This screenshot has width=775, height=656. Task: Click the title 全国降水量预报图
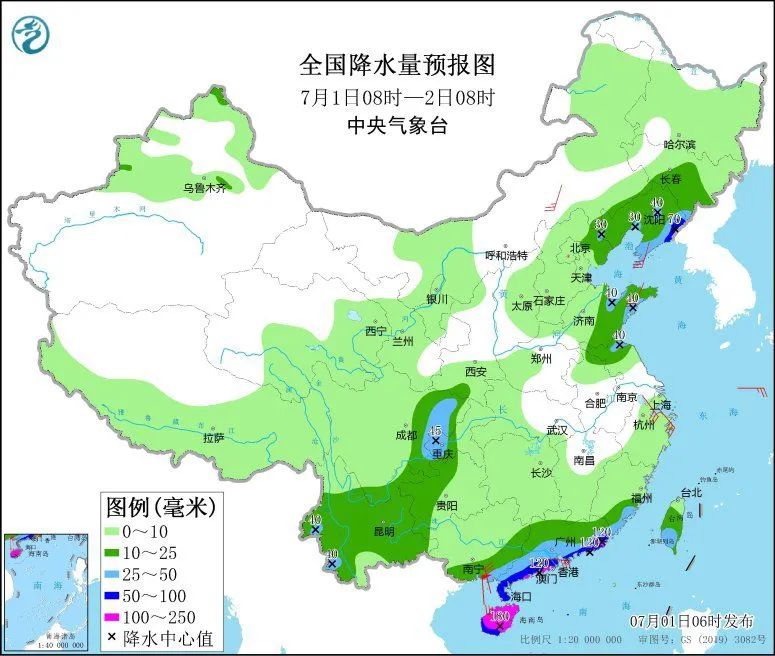(x=397, y=66)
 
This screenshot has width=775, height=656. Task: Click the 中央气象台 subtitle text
(x=397, y=126)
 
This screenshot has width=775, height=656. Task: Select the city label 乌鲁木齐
(x=204, y=188)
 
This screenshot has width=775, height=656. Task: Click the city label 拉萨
(x=213, y=437)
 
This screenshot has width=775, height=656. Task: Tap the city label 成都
(x=406, y=435)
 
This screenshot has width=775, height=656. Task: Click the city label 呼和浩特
(x=506, y=255)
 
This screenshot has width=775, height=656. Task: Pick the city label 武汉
(x=557, y=430)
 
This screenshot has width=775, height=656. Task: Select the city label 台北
(x=691, y=492)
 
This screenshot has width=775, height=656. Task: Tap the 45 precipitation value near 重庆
(x=435, y=431)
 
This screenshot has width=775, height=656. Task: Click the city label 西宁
(x=376, y=331)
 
